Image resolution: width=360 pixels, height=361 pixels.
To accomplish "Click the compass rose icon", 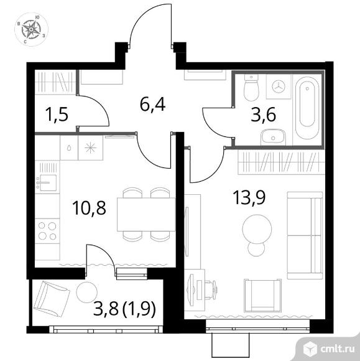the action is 31,29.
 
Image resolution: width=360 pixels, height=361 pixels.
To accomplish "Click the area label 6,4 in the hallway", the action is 152,105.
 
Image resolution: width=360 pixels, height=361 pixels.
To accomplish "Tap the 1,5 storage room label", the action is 57,115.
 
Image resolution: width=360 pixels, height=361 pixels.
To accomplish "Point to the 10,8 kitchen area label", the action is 89,208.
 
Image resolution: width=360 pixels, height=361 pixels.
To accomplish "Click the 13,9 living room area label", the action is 249,197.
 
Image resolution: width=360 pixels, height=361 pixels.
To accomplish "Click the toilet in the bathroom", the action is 251,88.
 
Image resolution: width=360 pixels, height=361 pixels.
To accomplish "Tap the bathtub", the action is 307,108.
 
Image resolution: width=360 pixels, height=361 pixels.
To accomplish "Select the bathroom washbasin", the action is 273,137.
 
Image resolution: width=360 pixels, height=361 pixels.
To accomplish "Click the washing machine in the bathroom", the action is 279,87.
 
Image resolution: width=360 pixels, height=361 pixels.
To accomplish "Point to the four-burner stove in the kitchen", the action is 47,230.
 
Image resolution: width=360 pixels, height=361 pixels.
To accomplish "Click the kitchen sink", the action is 48,183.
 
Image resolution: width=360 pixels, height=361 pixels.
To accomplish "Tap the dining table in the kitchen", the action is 146,214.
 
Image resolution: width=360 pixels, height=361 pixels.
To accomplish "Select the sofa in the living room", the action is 305,235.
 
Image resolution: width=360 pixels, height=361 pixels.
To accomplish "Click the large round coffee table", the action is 257,229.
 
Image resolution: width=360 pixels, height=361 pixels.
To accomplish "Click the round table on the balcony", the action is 86,293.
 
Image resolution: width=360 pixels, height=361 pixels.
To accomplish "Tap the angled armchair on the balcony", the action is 52,298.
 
